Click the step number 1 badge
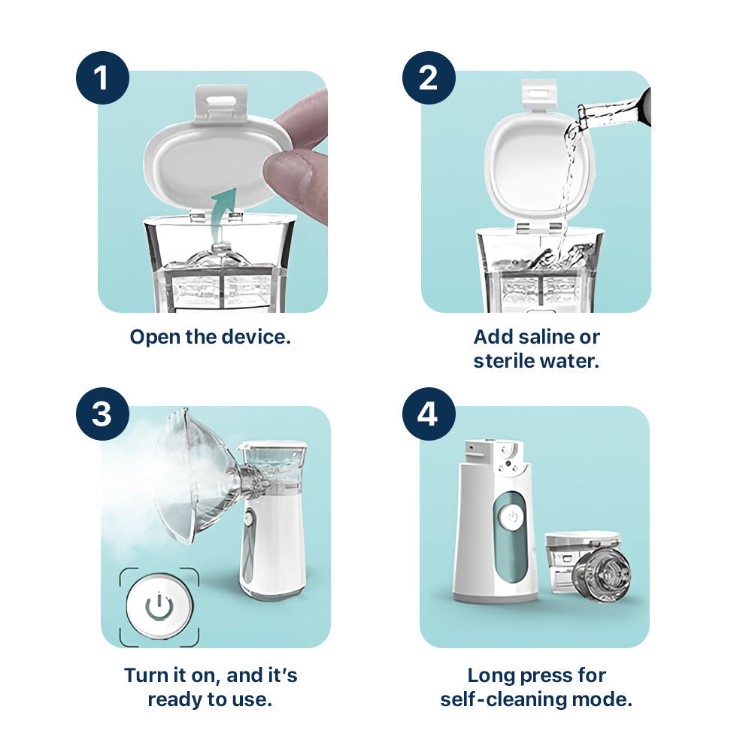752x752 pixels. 102,77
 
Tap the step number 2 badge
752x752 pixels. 429,77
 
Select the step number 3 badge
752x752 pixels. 102,414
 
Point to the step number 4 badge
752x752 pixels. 429,414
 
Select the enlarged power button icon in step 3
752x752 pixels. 159,606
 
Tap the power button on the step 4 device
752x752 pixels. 512,517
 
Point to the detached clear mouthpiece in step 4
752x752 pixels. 602,575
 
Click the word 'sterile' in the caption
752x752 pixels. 503,361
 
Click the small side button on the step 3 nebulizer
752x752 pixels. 248,519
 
